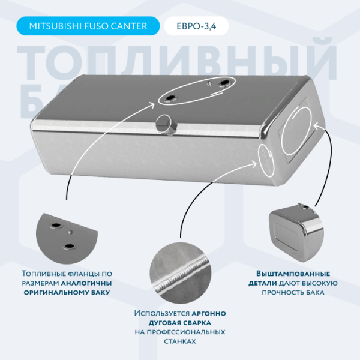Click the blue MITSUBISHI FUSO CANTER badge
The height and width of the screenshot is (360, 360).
88,26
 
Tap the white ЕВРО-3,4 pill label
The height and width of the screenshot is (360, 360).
196,26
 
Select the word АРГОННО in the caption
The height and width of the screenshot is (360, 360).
209,313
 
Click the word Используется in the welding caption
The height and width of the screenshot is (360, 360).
162,313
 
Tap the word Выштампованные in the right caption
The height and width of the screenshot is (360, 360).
293,274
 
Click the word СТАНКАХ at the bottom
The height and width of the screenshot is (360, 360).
180,341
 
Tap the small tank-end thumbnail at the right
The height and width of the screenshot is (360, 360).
296,232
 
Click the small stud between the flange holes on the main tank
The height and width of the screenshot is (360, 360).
209,83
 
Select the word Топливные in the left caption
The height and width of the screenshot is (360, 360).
43,274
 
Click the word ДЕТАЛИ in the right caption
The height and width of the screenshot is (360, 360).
263,283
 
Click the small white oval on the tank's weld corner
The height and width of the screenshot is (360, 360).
266,160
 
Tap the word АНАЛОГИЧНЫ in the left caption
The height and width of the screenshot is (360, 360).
86,283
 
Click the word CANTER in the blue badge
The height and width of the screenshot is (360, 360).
129,26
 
